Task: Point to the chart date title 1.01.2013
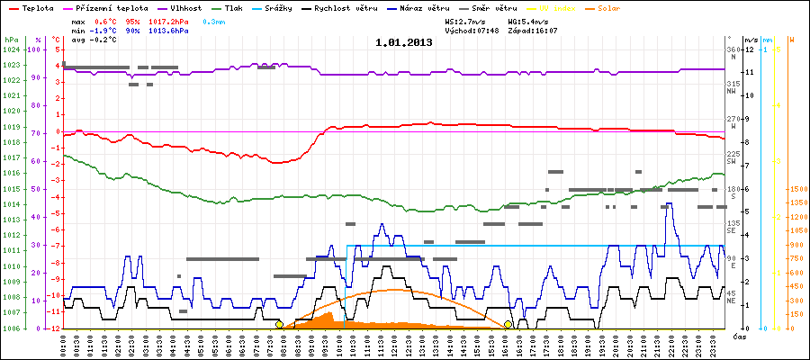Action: (x=404, y=42)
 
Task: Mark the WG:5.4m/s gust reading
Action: (x=528, y=20)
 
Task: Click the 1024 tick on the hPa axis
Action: (x=11, y=49)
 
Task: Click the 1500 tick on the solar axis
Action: (x=796, y=189)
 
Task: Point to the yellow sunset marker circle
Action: (x=508, y=324)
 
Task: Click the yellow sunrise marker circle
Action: (x=279, y=324)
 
